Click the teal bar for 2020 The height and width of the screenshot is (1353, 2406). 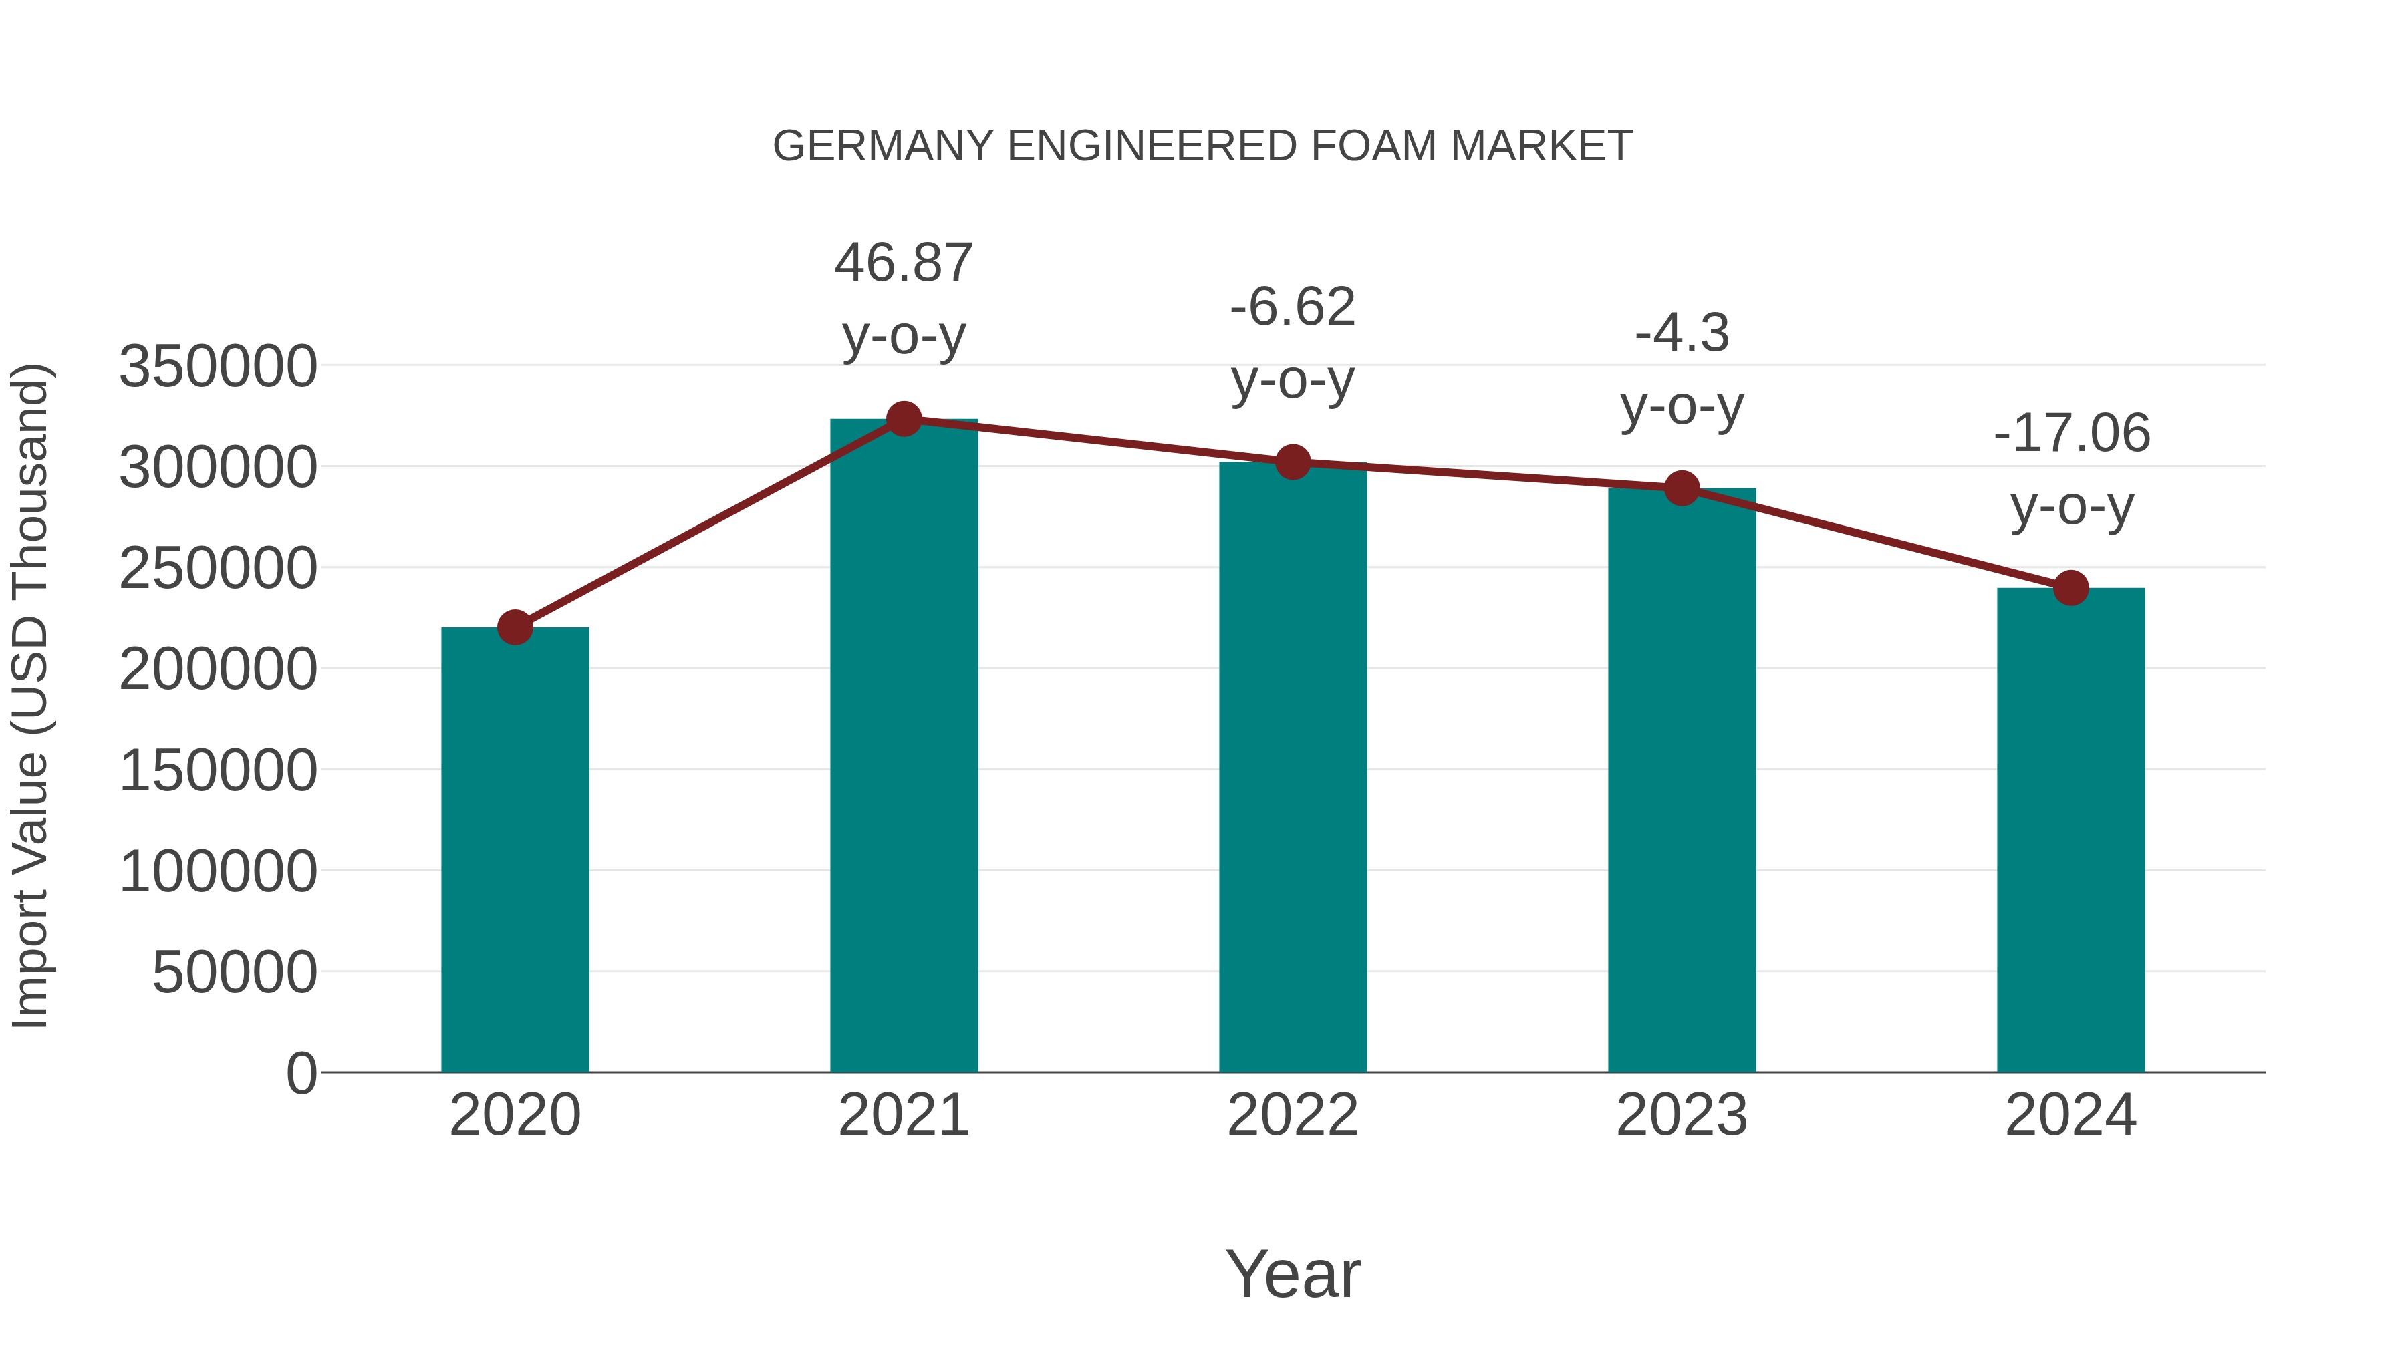(515, 850)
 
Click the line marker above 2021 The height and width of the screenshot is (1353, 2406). (903, 419)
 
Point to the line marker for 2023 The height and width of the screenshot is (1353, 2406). (1682, 488)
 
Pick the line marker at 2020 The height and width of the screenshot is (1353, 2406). (515, 627)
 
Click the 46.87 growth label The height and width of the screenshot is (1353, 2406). (903, 263)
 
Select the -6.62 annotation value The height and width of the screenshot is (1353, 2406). (1293, 307)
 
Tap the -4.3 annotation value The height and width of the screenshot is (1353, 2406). (1682, 333)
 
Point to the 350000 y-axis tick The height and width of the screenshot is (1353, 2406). (218, 366)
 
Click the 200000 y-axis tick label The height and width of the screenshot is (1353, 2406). (218, 669)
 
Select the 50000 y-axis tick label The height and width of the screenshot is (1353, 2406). (235, 973)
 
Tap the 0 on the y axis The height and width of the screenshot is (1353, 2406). (301, 1074)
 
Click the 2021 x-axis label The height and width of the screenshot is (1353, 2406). (903, 1115)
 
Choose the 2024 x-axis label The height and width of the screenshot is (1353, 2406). (2070, 1115)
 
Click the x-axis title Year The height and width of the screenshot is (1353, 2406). (1293, 1273)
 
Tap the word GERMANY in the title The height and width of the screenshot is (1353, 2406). (883, 146)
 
